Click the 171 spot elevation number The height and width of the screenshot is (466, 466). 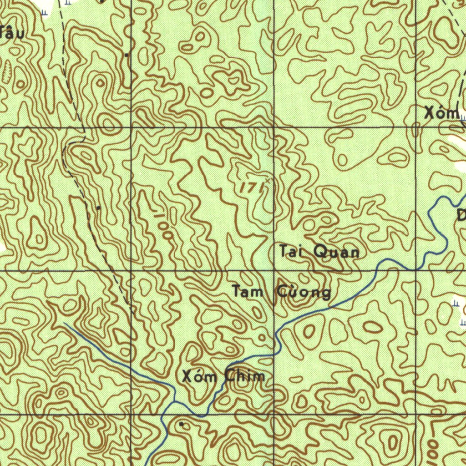point(250,187)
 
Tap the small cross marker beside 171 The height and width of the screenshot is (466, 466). point(268,181)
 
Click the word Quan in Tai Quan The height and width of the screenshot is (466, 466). point(336,252)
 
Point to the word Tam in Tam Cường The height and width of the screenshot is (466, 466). point(247,291)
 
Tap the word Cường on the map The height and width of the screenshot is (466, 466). point(304,292)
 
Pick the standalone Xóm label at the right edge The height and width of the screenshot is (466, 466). point(441,113)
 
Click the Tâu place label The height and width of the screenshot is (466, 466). point(12,32)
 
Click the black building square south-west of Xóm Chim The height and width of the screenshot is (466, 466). point(182,424)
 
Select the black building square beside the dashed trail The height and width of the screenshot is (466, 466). point(98,208)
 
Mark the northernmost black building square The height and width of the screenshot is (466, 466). point(126,55)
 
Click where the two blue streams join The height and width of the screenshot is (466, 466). point(175,402)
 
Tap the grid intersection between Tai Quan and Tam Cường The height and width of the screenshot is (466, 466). point(274,271)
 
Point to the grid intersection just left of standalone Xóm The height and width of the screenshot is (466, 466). point(416,126)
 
